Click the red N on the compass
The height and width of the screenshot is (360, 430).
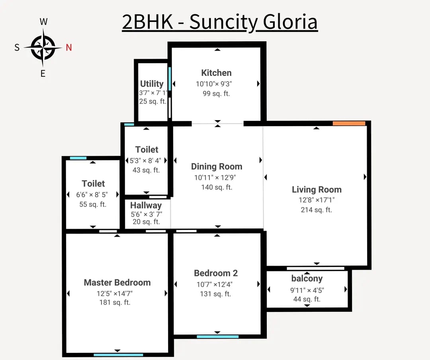(68, 48)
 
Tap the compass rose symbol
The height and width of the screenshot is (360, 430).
(43, 48)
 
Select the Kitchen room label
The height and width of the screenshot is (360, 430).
(216, 73)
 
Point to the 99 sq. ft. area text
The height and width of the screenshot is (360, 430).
(216, 94)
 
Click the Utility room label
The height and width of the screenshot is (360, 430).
(152, 84)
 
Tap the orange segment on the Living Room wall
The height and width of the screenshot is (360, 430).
(349, 123)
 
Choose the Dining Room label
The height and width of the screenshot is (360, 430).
(217, 167)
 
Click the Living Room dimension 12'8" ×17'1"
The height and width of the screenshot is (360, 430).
(317, 200)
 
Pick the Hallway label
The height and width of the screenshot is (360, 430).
(146, 206)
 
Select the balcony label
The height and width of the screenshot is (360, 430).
(307, 278)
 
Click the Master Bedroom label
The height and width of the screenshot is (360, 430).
(117, 282)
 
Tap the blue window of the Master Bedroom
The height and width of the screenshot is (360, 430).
(118, 355)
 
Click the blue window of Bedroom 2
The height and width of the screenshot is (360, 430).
(217, 337)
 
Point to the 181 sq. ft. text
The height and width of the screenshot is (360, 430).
(115, 302)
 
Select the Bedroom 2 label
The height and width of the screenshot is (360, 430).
(216, 273)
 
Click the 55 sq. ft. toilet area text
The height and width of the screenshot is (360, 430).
(93, 204)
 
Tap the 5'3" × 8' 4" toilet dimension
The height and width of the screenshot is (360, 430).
(145, 161)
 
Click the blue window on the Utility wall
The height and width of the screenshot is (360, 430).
(170, 79)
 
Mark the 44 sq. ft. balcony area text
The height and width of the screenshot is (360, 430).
(307, 299)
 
